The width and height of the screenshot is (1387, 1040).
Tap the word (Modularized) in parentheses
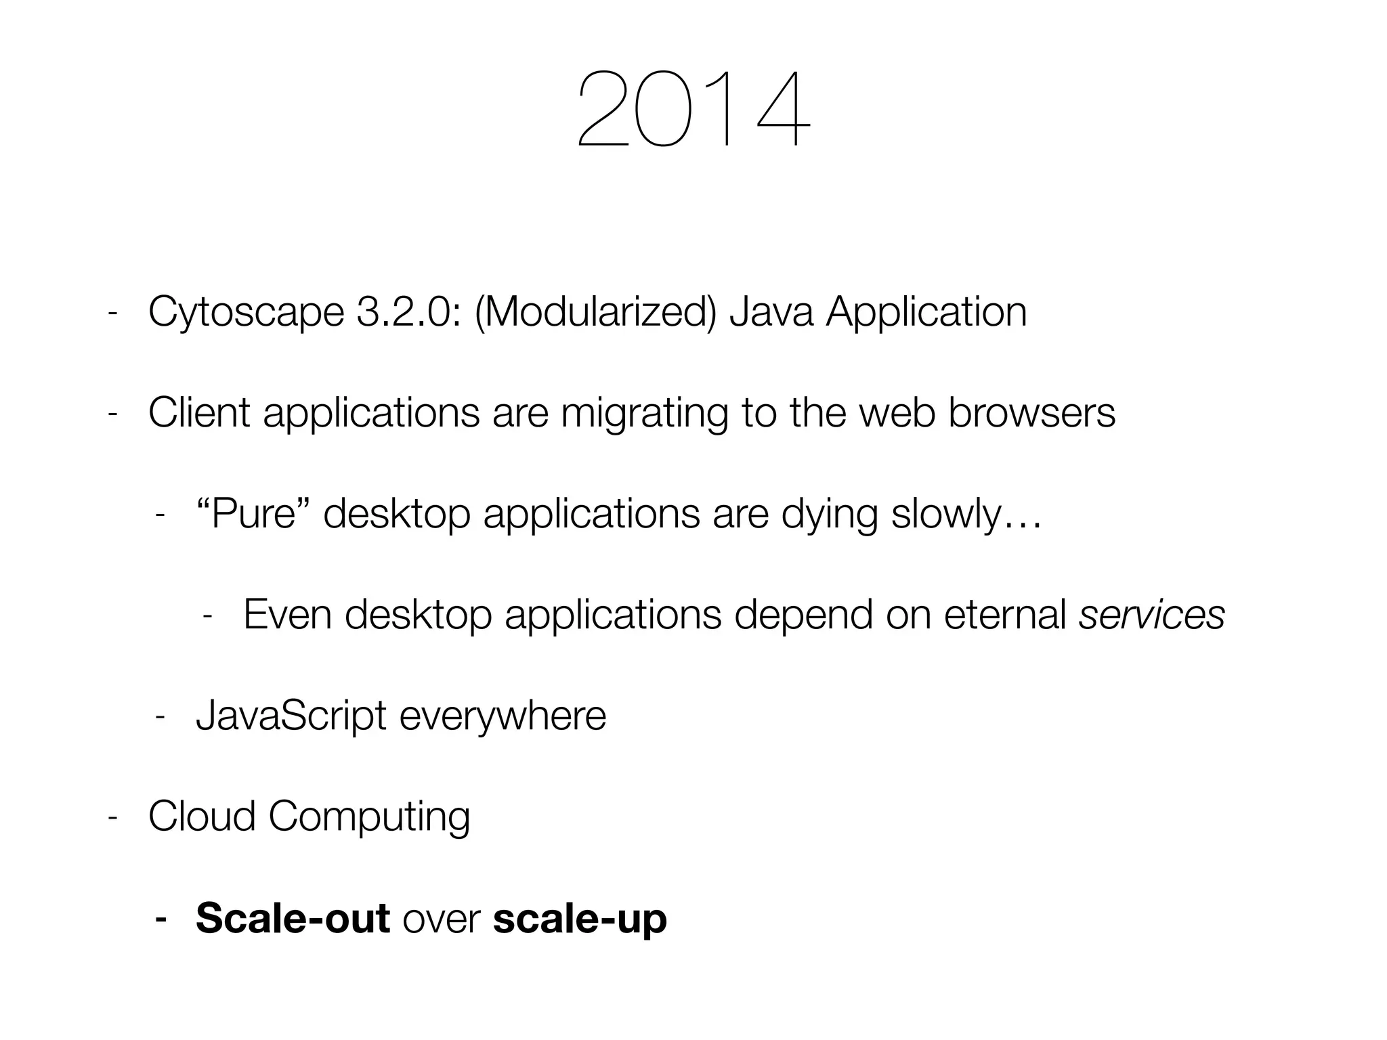tap(595, 312)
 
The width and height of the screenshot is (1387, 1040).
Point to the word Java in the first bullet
tap(771, 312)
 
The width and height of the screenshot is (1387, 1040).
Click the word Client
tap(199, 412)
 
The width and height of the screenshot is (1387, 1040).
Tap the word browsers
tap(1031, 412)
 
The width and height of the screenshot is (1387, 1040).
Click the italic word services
tap(1151, 614)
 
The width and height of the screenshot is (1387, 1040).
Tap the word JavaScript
tap(291, 716)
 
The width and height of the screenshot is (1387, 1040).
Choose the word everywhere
tap(503, 716)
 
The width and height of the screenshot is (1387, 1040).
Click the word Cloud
tap(202, 816)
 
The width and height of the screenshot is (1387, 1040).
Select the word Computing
tap(369, 817)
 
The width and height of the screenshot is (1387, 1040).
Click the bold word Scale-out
tap(293, 917)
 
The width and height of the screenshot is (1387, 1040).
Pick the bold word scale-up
tap(580, 919)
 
